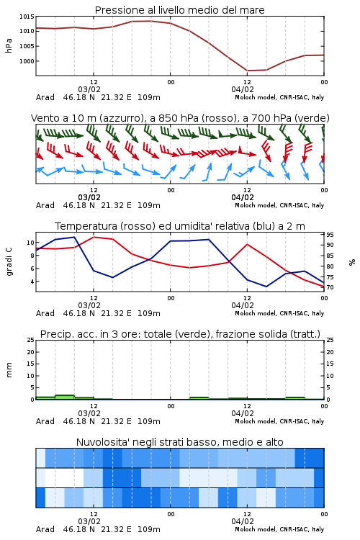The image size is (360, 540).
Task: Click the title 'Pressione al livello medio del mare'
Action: pyautogui.click(x=179, y=10)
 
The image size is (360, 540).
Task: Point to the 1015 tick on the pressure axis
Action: pyautogui.click(x=27, y=17)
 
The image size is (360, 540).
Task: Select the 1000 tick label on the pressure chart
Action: pyautogui.click(x=27, y=61)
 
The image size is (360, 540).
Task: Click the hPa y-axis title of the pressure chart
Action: pyautogui.click(x=9, y=46)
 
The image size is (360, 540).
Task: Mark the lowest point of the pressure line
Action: pyautogui.click(x=248, y=71)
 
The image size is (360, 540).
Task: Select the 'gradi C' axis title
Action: pyautogui.click(x=9, y=262)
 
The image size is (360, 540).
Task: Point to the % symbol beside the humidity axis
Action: pyautogui.click(x=352, y=262)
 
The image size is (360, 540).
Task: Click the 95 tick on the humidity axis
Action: pyautogui.click(x=330, y=235)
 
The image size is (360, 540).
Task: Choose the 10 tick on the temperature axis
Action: pyautogui.click(x=30, y=243)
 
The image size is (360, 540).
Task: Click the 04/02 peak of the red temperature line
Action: pyautogui.click(x=247, y=244)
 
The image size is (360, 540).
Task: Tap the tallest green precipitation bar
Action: pyautogui.click(x=65, y=397)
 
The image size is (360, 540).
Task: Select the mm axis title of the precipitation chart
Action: pyautogui.click(x=9, y=370)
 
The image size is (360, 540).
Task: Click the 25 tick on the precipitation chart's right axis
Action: pyautogui.click(x=330, y=340)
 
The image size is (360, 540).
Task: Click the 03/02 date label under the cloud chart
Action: pyautogui.click(x=89, y=521)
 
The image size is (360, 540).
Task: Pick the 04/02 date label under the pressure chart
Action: pyautogui.click(x=243, y=89)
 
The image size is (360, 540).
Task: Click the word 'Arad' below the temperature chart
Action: pyautogui.click(x=45, y=313)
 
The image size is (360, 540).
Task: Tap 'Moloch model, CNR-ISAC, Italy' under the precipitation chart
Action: pyautogui.click(x=279, y=421)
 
